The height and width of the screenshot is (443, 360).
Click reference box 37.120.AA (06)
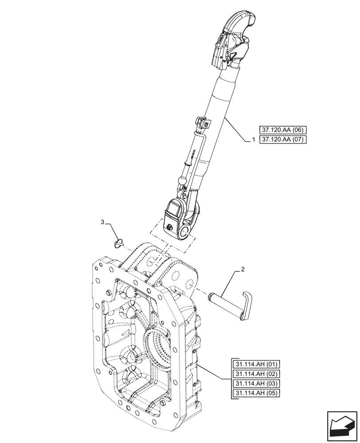283,130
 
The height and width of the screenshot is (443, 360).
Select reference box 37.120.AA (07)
283,139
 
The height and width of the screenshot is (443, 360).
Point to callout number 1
253,140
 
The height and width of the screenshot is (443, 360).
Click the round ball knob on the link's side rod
182,180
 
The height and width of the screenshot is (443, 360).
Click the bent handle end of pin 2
246,304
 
